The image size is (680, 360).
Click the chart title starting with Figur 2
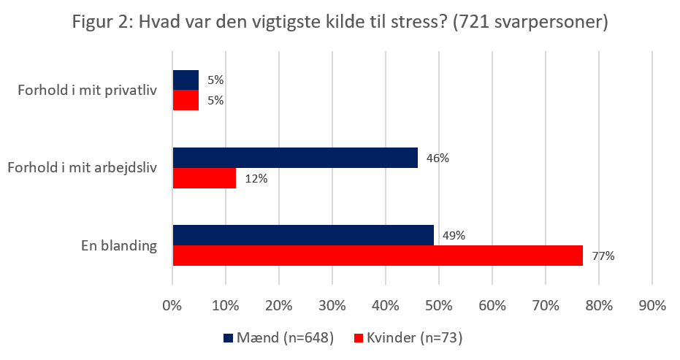tap(340, 22)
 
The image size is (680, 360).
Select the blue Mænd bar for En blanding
tap(303, 235)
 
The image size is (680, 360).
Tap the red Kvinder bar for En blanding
tap(378, 255)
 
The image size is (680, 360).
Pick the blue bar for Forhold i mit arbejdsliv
tap(295, 157)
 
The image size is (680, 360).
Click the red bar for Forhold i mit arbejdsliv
tap(205, 177)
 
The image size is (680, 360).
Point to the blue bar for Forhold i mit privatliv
tap(186, 80)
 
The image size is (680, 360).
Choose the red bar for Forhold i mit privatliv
tap(186, 100)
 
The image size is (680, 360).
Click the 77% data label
tap(603, 256)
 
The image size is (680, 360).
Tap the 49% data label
tap(454, 235)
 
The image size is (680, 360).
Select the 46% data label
tap(438, 157)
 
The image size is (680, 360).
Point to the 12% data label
tap(256, 177)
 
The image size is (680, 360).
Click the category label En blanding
tap(119, 245)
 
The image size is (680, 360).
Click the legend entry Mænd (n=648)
tap(278, 337)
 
